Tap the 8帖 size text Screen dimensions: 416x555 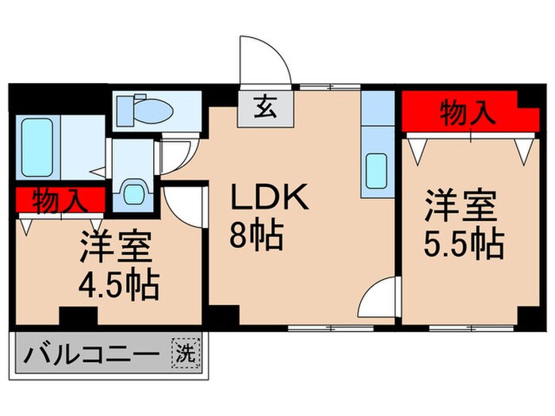pyautogui.click(x=256, y=235)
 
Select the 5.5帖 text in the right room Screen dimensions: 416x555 pyautogui.click(x=464, y=244)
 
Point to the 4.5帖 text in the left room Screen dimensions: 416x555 pyautogui.click(x=118, y=283)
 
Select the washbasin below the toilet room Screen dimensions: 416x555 pyautogui.click(x=132, y=192)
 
